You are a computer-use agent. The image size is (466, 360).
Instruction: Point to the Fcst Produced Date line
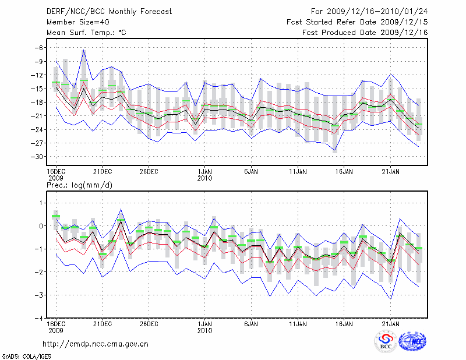(365, 33)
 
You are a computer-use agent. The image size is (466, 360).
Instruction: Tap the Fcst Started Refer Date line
(358, 22)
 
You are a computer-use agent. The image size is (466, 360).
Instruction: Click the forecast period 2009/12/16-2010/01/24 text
(369, 12)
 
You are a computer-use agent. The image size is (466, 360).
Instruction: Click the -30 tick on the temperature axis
(37, 157)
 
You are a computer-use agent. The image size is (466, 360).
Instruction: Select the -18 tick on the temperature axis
(37, 103)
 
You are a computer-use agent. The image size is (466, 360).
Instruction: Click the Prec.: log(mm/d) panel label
(79, 185)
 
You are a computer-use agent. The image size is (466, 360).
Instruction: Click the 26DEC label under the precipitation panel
(149, 323)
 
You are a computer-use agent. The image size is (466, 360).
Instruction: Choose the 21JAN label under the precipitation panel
(390, 323)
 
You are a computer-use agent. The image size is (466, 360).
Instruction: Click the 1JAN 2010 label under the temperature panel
(204, 175)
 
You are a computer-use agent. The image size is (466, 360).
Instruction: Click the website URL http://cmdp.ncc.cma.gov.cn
(96, 344)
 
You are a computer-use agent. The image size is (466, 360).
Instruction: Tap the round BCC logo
(386, 343)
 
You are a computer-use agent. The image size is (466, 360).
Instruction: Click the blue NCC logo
(412, 343)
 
